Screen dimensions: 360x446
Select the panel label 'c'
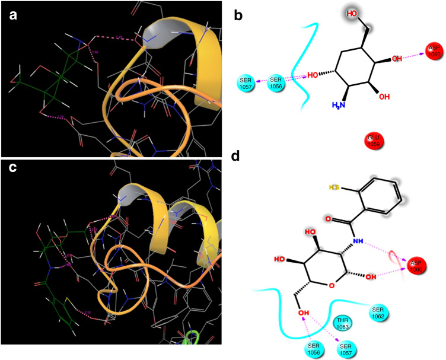point(13,169)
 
